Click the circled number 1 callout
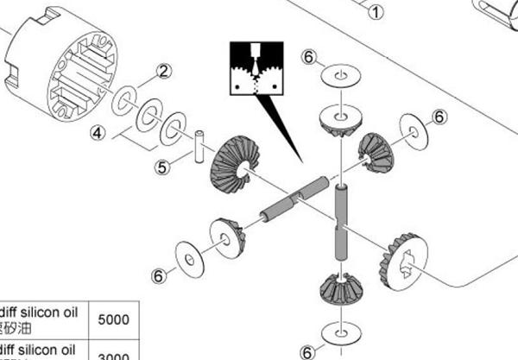click(374, 12)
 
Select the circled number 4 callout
click(99, 134)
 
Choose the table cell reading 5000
click(115, 319)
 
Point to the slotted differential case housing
click(60, 60)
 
